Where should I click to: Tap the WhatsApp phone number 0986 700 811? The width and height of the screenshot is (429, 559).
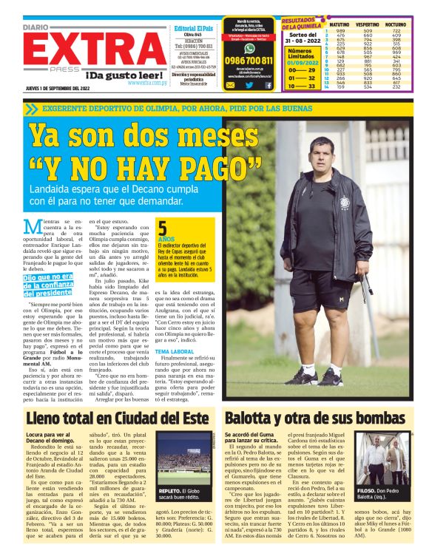click(249, 61)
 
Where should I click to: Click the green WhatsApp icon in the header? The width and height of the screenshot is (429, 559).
click(249, 44)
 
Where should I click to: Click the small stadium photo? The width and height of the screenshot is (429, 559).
click(181, 464)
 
